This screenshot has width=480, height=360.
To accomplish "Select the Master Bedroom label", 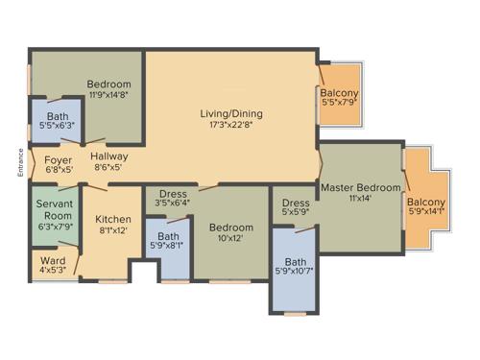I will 360,186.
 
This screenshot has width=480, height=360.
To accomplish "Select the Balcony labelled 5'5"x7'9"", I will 341,93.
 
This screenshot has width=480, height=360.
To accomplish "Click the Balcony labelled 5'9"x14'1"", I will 426,202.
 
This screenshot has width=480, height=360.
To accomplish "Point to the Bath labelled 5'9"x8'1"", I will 168,236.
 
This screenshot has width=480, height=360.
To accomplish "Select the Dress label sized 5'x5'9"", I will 296,203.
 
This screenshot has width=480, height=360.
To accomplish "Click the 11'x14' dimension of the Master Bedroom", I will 360,198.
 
